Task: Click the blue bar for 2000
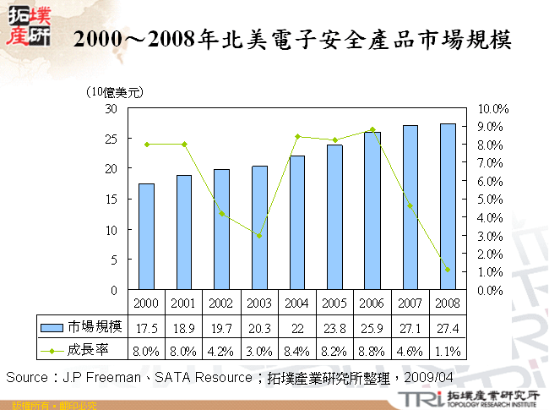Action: tap(146, 237)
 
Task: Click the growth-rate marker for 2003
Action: tap(259, 235)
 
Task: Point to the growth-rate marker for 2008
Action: tap(448, 270)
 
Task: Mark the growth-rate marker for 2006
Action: tap(372, 130)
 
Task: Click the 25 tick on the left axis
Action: tap(111, 139)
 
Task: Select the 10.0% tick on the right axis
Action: tap(492, 109)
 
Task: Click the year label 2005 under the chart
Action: tap(334, 303)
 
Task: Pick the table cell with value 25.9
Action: tap(372, 326)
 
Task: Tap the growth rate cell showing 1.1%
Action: tap(448, 348)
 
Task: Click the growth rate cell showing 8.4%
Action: tap(297, 348)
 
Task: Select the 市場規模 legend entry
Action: tap(82, 326)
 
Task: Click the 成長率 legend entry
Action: tap(82, 348)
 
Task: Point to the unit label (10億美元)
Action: tap(114, 92)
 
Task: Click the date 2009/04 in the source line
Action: tap(435, 376)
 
